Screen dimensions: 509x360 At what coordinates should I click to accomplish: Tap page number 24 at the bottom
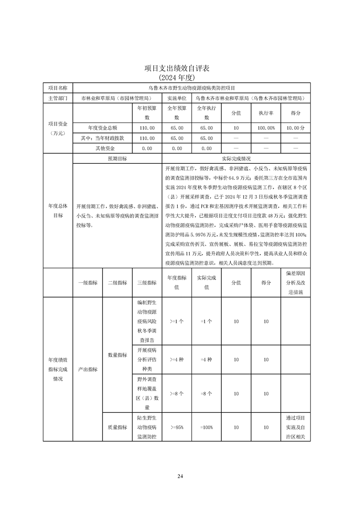click(180, 476)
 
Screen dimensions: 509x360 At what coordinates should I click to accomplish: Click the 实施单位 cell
click(177, 98)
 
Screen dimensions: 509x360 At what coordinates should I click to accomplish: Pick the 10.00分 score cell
click(295, 128)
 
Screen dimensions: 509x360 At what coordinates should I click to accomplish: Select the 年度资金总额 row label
click(102, 128)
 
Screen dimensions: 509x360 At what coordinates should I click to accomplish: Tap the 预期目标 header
click(117, 159)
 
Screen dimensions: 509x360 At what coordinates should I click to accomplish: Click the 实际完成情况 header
click(236, 159)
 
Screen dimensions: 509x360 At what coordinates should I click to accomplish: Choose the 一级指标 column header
click(88, 283)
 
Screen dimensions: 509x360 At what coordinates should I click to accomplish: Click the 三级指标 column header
click(147, 283)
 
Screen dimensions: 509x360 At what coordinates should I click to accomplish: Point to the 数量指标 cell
click(117, 355)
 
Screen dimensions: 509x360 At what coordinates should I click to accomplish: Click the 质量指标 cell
click(117, 427)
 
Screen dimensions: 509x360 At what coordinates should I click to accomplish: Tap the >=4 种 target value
click(176, 359)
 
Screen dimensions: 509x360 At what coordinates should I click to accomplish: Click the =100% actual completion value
click(206, 427)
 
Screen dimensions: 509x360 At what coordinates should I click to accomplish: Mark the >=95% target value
click(176, 427)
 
